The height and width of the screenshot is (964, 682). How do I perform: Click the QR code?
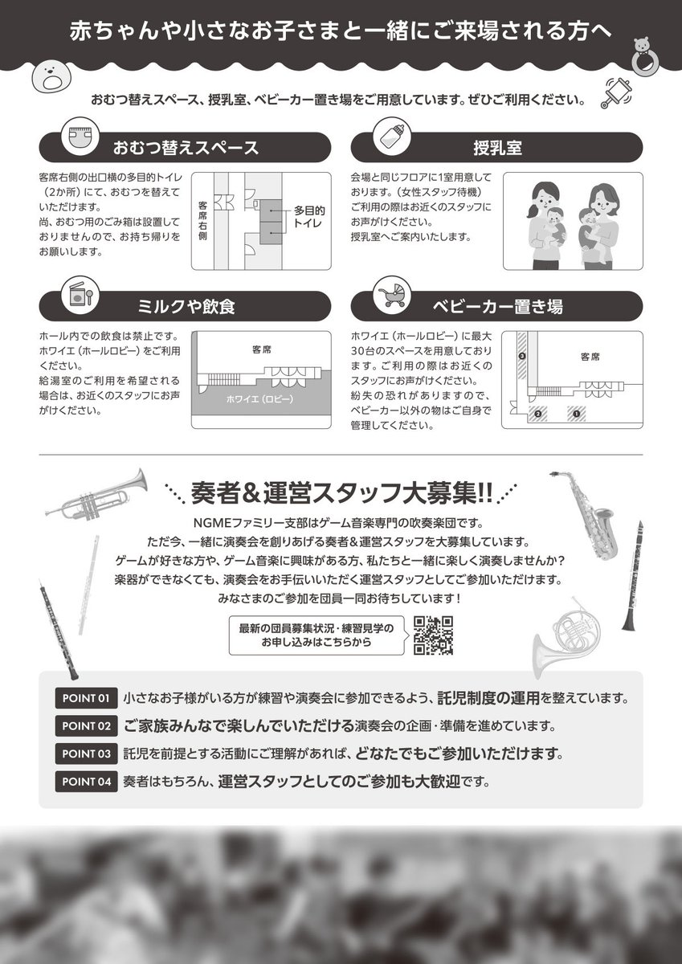point(434,635)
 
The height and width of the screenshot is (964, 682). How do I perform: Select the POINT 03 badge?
point(86,754)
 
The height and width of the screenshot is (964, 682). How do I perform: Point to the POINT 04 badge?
point(86,781)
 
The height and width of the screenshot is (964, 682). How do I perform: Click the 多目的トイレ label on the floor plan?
point(307,214)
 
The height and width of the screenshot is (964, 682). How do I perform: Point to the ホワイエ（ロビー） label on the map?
point(259,399)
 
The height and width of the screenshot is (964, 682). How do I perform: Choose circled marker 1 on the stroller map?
point(574,414)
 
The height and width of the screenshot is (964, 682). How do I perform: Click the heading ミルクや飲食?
point(186,306)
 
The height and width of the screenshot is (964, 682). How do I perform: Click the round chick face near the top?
point(50,79)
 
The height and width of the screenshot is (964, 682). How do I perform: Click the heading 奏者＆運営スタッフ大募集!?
point(341,490)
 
